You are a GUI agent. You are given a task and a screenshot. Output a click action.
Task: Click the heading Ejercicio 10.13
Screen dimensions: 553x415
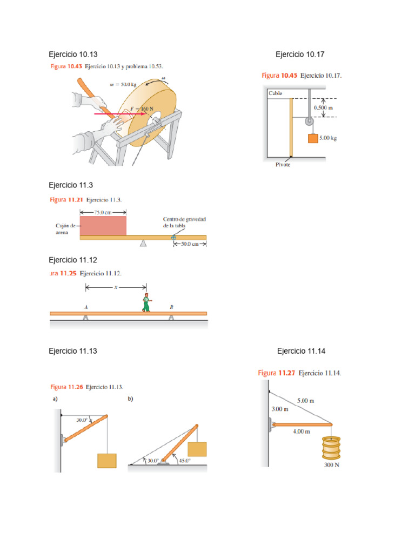(73, 55)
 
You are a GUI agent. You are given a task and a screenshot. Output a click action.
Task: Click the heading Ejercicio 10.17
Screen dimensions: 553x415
(300, 55)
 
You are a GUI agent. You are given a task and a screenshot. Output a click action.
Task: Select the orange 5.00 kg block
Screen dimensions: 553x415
(313, 138)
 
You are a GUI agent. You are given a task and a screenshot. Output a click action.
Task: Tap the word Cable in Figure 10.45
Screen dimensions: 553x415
(276, 93)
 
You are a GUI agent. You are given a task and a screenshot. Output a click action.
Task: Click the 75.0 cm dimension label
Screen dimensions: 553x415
(103, 213)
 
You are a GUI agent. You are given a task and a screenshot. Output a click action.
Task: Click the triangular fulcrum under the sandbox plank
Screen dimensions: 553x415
(143, 243)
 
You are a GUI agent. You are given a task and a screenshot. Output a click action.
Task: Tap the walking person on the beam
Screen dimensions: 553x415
(146, 302)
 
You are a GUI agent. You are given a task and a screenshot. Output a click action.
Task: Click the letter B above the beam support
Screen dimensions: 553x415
(171, 307)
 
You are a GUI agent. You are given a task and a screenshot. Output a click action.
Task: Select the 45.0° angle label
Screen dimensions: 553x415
(185, 461)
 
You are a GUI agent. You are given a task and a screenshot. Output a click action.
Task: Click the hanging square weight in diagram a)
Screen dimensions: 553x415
(107, 461)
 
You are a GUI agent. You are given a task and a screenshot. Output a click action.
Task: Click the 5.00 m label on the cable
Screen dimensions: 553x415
(305, 401)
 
